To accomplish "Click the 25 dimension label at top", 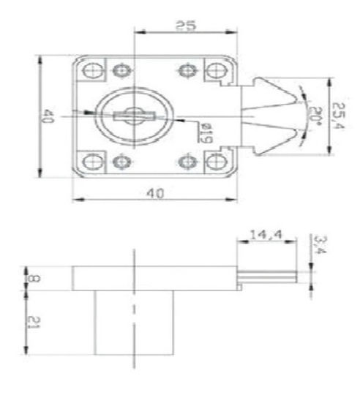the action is [185, 26].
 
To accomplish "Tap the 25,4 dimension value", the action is [338, 116].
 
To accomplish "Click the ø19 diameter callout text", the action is [205, 132].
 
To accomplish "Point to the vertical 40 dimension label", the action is [48, 116].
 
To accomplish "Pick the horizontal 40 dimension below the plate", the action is [155, 193].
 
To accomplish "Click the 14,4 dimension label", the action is [266, 235].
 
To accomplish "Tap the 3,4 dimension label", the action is [320, 244].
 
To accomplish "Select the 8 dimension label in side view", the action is [34, 279].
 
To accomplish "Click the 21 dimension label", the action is [34, 322].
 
